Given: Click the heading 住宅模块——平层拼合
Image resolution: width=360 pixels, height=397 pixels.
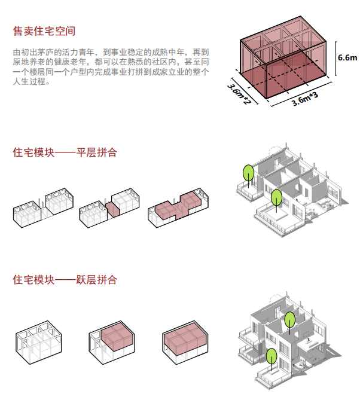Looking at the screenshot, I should click(x=65, y=152).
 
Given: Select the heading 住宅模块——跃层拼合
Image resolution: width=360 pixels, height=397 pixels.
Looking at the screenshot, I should click(x=65, y=280).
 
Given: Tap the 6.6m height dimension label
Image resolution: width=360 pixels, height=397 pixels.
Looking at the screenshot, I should click(x=347, y=58).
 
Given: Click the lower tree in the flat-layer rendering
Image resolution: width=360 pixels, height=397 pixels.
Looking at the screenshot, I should click(x=276, y=197).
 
